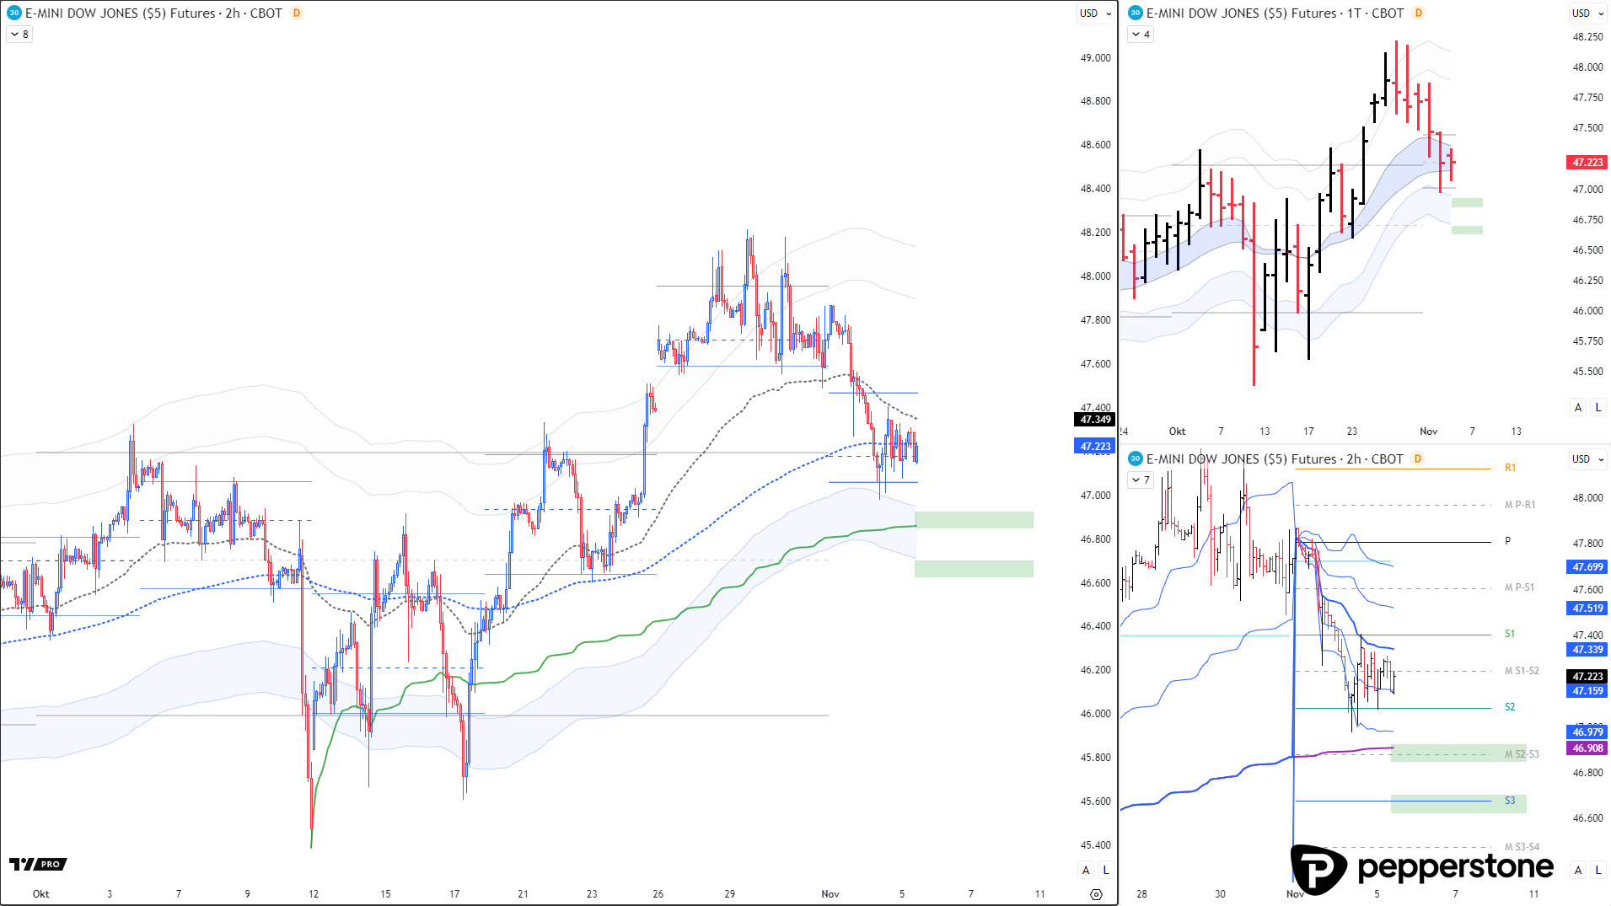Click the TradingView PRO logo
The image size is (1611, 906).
point(38,864)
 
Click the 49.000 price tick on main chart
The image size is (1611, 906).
point(1095,58)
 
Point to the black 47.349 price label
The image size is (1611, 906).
point(1095,420)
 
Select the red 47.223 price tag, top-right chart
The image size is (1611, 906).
point(1587,163)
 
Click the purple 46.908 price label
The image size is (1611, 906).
point(1587,748)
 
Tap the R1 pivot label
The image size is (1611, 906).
point(1510,468)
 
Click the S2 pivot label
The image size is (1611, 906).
point(1510,707)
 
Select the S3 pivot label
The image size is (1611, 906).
point(1510,801)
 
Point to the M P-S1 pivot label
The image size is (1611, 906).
point(1519,587)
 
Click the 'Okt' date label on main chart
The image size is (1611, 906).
point(40,894)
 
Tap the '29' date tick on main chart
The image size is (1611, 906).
point(730,894)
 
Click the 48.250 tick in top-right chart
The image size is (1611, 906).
point(1587,37)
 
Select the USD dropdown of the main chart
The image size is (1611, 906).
point(1095,13)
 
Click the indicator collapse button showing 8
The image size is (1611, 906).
point(19,35)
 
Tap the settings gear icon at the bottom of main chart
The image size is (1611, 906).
point(1096,894)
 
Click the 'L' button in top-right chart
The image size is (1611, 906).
point(1598,408)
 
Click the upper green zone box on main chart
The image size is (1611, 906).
point(974,520)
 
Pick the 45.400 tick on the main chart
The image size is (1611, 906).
point(1095,845)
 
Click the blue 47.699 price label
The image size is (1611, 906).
point(1587,567)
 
